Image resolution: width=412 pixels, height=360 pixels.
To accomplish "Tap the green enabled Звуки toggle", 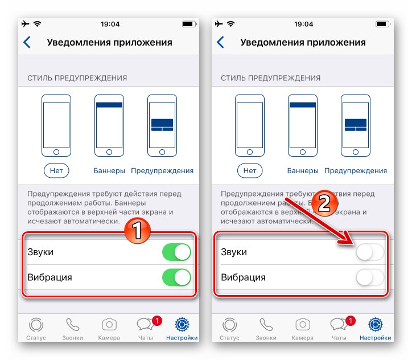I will pyautogui.click(x=176, y=252).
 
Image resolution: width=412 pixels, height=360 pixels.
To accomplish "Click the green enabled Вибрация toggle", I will pyautogui.click(x=176, y=277).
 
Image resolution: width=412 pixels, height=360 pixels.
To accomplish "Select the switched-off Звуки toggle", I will pyautogui.click(x=370, y=252).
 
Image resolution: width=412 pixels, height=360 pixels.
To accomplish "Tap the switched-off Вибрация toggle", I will pyautogui.click(x=370, y=277).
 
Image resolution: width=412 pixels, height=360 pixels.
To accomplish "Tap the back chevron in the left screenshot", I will pyautogui.click(x=26, y=42).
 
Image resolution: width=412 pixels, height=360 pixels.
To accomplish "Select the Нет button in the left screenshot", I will pyautogui.click(x=56, y=170).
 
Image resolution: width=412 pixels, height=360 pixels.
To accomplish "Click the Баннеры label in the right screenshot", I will pyautogui.click(x=302, y=170).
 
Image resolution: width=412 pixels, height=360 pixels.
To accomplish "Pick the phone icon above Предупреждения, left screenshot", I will pyautogui.click(x=162, y=125).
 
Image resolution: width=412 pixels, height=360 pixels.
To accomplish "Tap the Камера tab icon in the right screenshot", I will pyautogui.click(x=302, y=325).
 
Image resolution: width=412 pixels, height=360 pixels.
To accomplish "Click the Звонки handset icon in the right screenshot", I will pyautogui.click(x=266, y=325).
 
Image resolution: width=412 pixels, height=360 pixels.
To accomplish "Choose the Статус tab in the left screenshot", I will pyautogui.click(x=36, y=328).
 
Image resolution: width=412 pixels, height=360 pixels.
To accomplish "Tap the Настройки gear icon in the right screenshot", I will pyautogui.click(x=375, y=325).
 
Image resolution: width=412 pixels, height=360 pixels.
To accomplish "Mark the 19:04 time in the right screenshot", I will pyautogui.click(x=304, y=24).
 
